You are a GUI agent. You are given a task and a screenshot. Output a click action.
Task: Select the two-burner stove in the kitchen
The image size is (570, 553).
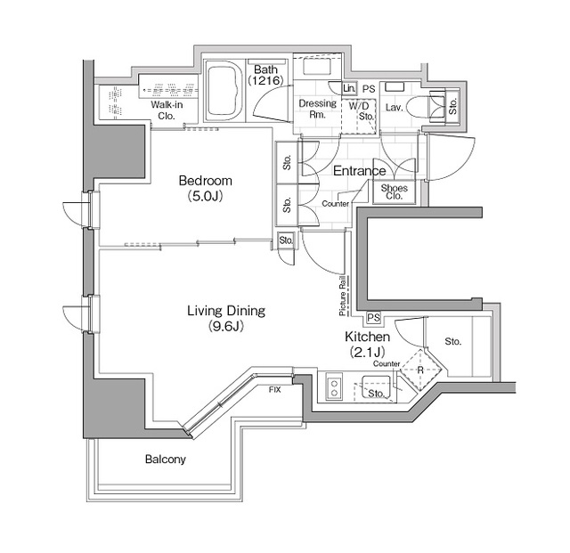(335, 387)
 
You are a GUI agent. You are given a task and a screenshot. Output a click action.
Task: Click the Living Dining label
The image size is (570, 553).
(226, 311)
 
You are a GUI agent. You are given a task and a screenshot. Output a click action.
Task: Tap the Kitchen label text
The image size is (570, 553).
(367, 338)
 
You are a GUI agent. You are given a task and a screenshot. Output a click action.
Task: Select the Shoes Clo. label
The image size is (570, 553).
(394, 191)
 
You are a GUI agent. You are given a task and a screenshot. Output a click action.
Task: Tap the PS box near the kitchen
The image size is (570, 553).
(373, 318)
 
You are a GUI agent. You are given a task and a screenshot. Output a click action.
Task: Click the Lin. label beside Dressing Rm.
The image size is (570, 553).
(349, 89)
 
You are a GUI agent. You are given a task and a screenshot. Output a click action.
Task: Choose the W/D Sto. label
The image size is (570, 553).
(365, 110)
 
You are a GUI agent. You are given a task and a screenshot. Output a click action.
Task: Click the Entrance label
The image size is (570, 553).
(359, 171)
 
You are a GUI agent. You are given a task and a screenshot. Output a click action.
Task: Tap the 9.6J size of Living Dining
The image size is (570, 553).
(226, 326)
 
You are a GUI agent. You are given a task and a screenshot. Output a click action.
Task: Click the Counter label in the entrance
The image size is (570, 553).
(336, 205)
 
